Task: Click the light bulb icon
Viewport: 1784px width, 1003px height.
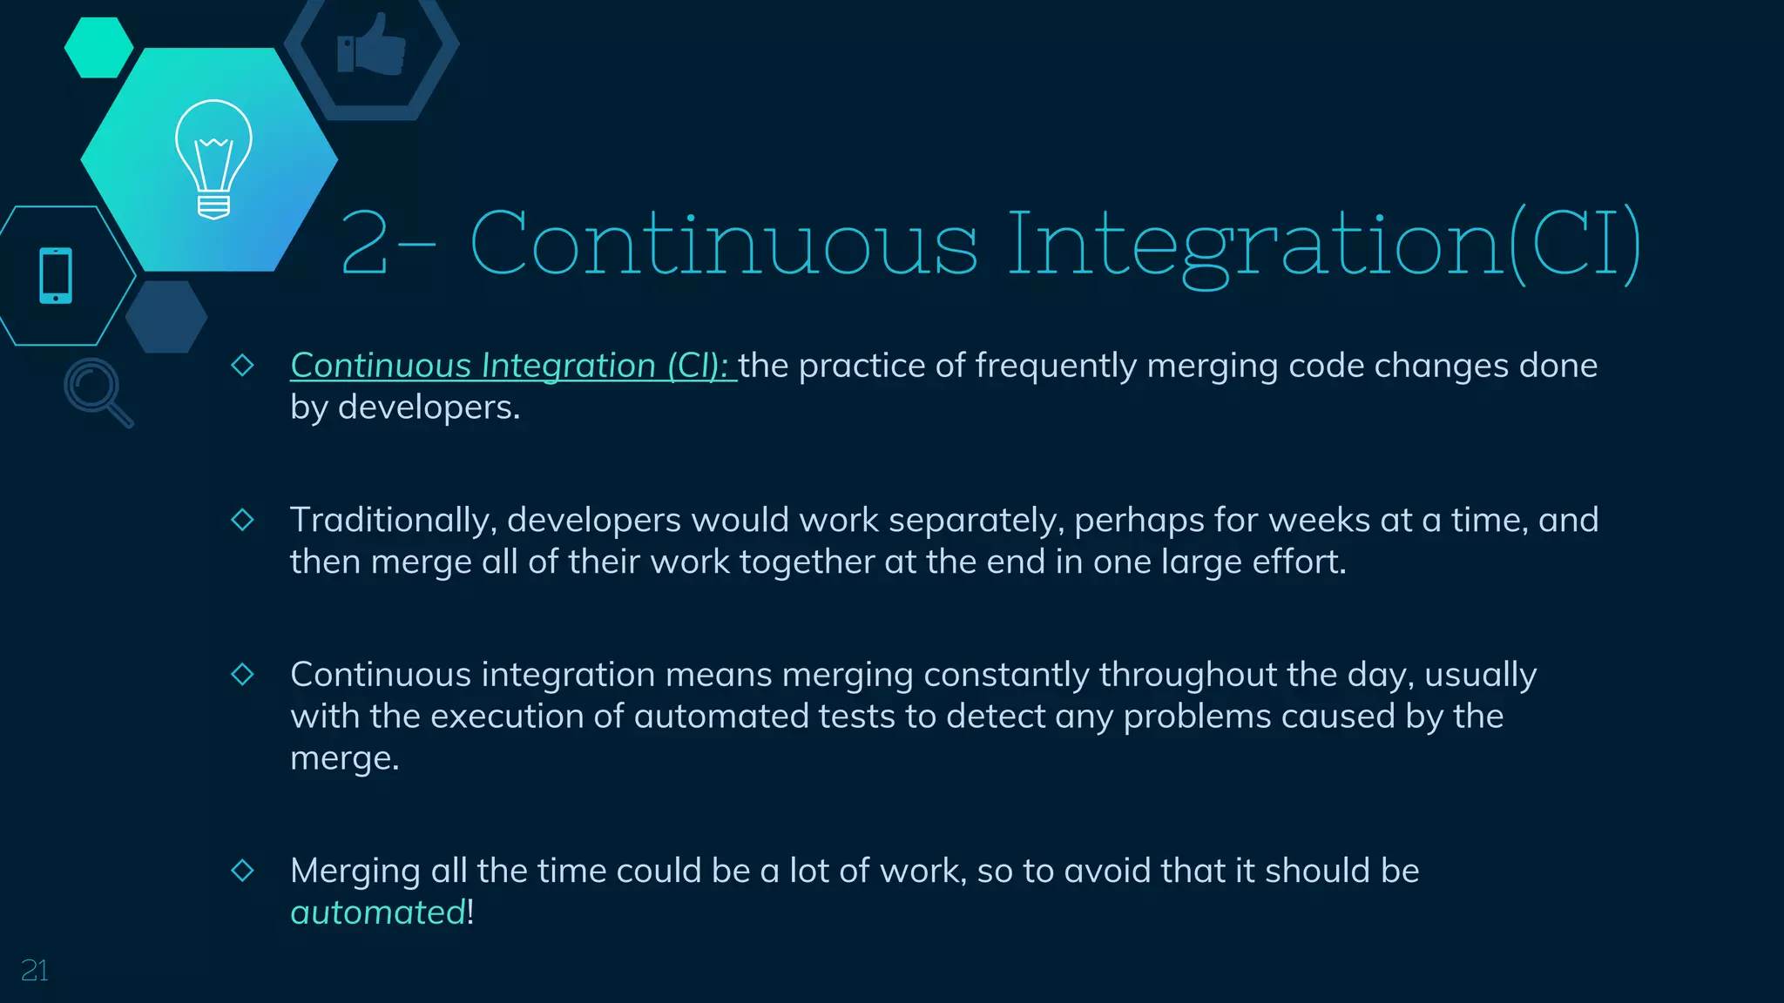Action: pos(213,158)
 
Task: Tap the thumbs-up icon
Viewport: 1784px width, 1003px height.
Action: pos(372,45)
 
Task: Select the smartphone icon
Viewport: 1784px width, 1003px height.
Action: pos(56,276)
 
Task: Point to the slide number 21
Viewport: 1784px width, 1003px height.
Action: pos(34,970)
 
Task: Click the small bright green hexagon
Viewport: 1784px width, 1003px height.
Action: pos(98,48)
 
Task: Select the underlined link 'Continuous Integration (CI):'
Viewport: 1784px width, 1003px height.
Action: pos(512,366)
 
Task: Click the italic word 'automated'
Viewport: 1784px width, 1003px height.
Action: pos(378,912)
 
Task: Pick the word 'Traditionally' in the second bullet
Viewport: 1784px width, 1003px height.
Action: pos(393,521)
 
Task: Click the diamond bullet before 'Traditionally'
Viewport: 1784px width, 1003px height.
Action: pos(242,520)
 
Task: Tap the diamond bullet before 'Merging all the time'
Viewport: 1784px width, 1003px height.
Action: pos(242,870)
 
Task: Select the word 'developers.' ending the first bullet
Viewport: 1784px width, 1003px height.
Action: pos(429,407)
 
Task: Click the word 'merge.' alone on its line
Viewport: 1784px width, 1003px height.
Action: pos(344,758)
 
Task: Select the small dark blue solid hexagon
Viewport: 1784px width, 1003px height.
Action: pos(166,317)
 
